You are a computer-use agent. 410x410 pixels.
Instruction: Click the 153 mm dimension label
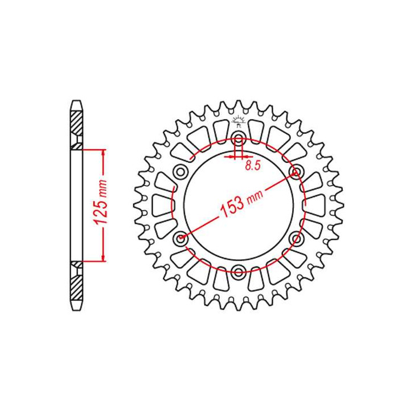pos(241,203)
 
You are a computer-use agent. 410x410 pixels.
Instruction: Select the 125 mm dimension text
pos(101,202)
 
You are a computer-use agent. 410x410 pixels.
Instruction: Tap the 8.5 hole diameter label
pos(253,165)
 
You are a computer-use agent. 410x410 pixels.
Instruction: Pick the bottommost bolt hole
pos(238,271)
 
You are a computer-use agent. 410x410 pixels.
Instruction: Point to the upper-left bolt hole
pos(181,172)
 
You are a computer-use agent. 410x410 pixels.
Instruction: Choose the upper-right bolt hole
pos(297,172)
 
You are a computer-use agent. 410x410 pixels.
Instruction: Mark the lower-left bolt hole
pos(181,238)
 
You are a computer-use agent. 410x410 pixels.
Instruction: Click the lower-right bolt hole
pos(297,238)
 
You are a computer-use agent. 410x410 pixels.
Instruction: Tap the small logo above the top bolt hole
pos(238,121)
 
